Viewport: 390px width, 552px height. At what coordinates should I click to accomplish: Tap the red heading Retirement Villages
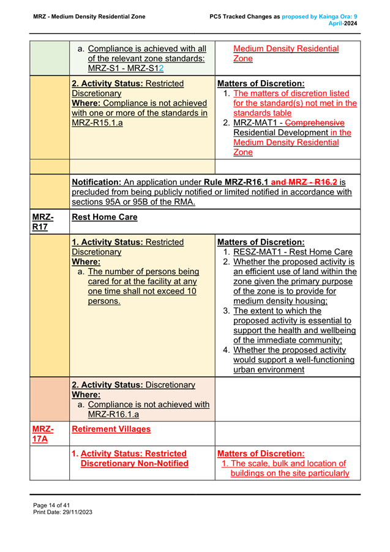(111, 429)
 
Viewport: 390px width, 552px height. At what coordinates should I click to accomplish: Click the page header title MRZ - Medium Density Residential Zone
(89, 17)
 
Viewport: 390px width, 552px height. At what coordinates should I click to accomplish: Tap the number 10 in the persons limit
(192, 292)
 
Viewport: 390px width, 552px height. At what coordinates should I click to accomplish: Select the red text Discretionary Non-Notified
(134, 463)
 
